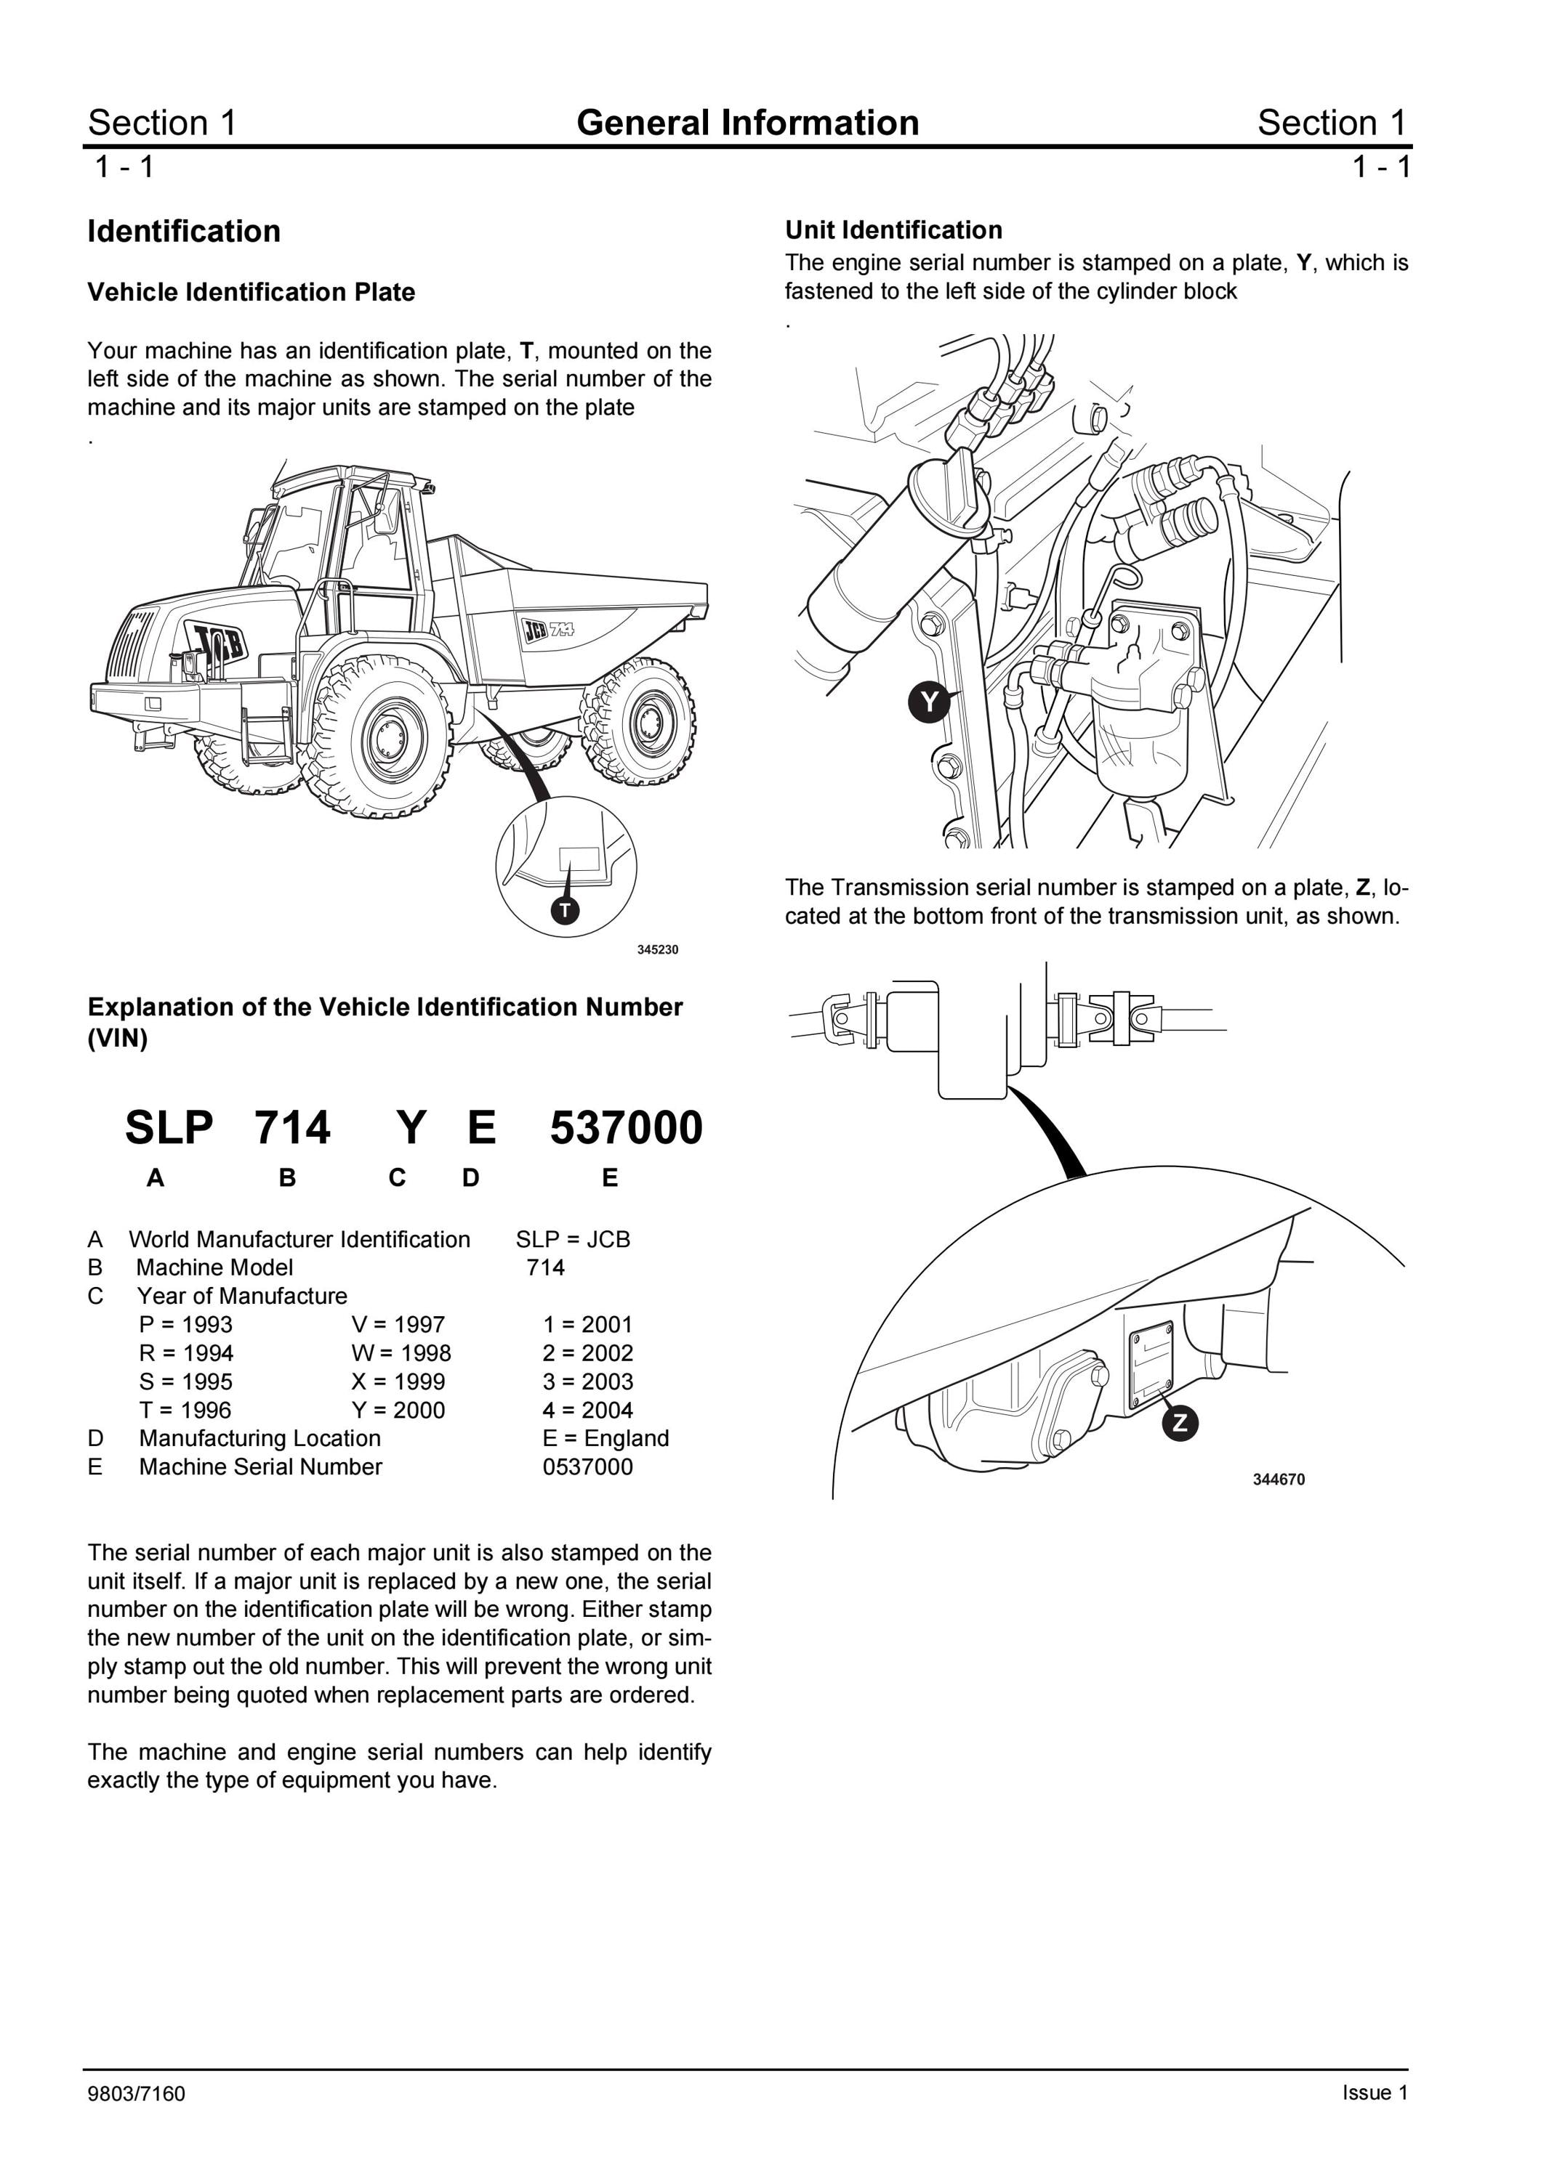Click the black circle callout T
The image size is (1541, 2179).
(x=565, y=911)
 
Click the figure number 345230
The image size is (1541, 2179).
(x=657, y=950)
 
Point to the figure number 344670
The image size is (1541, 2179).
(x=1279, y=1480)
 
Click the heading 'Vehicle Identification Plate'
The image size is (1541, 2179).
(x=252, y=292)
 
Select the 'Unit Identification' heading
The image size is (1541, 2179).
(x=893, y=230)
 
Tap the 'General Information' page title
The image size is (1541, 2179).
(x=748, y=123)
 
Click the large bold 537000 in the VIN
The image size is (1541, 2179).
(x=627, y=1127)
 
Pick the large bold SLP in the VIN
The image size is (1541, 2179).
(x=169, y=1127)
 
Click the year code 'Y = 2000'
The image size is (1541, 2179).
(x=398, y=1411)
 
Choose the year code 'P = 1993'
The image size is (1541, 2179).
(x=185, y=1325)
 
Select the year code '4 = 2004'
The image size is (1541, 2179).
(x=588, y=1411)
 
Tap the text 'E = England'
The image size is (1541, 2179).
(x=605, y=1439)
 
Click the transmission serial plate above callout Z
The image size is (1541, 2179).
(x=1150, y=1368)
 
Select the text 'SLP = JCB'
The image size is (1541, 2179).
(x=573, y=1239)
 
